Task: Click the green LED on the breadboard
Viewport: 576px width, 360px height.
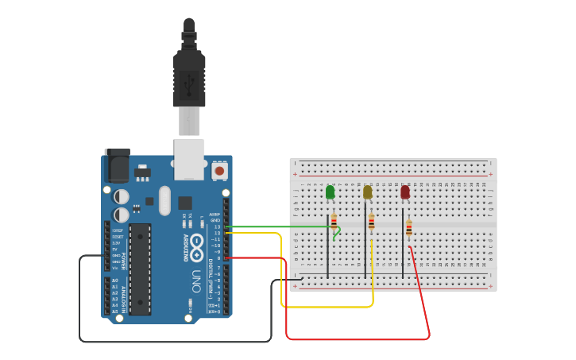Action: click(x=330, y=192)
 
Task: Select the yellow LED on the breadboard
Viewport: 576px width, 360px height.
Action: click(x=367, y=192)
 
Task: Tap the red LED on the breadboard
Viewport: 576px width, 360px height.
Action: click(x=405, y=192)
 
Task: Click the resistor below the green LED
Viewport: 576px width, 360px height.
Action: click(x=334, y=221)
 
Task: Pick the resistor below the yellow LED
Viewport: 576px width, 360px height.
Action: click(x=371, y=222)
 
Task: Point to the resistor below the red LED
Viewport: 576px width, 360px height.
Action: click(x=409, y=228)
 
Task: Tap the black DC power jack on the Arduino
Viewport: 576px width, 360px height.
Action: click(x=117, y=167)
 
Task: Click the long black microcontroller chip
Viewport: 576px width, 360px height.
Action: click(x=140, y=269)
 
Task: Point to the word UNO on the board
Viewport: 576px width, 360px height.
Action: click(x=195, y=281)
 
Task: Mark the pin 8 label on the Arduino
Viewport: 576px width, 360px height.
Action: click(x=218, y=258)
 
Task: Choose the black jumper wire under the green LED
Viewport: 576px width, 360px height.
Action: click(x=327, y=250)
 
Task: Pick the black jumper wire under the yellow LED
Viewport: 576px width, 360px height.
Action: click(x=365, y=250)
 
